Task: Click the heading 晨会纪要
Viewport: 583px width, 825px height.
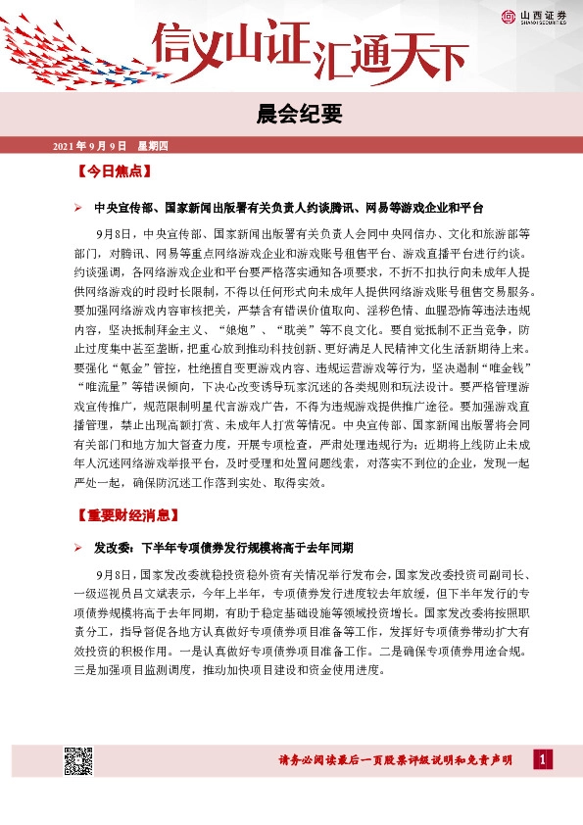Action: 291,116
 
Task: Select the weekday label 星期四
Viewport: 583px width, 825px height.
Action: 154,146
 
